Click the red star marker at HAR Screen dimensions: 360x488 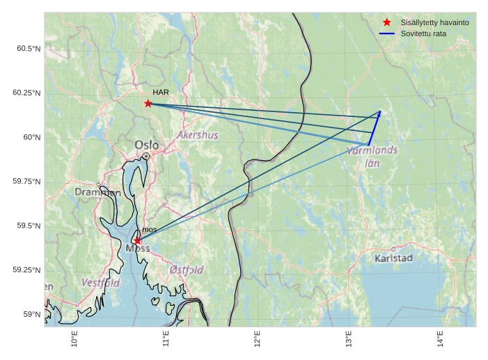[148, 103]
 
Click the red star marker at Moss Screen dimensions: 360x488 [137, 240]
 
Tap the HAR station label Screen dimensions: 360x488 [161, 92]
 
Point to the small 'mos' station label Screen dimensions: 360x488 [149, 229]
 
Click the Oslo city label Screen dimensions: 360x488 [147, 145]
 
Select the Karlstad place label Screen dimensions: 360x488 [393, 258]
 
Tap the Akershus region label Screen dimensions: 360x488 [198, 134]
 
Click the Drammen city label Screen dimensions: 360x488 [97, 192]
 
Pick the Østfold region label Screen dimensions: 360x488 [187, 269]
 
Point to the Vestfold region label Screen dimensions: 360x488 [101, 283]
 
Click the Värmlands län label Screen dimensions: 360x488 [372, 156]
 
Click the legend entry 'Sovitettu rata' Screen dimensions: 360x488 [423, 33]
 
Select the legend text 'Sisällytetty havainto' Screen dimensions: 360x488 [434, 22]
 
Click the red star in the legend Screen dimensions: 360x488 [387, 22]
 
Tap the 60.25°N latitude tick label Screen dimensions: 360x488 [28, 93]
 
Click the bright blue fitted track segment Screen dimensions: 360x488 [375, 127]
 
